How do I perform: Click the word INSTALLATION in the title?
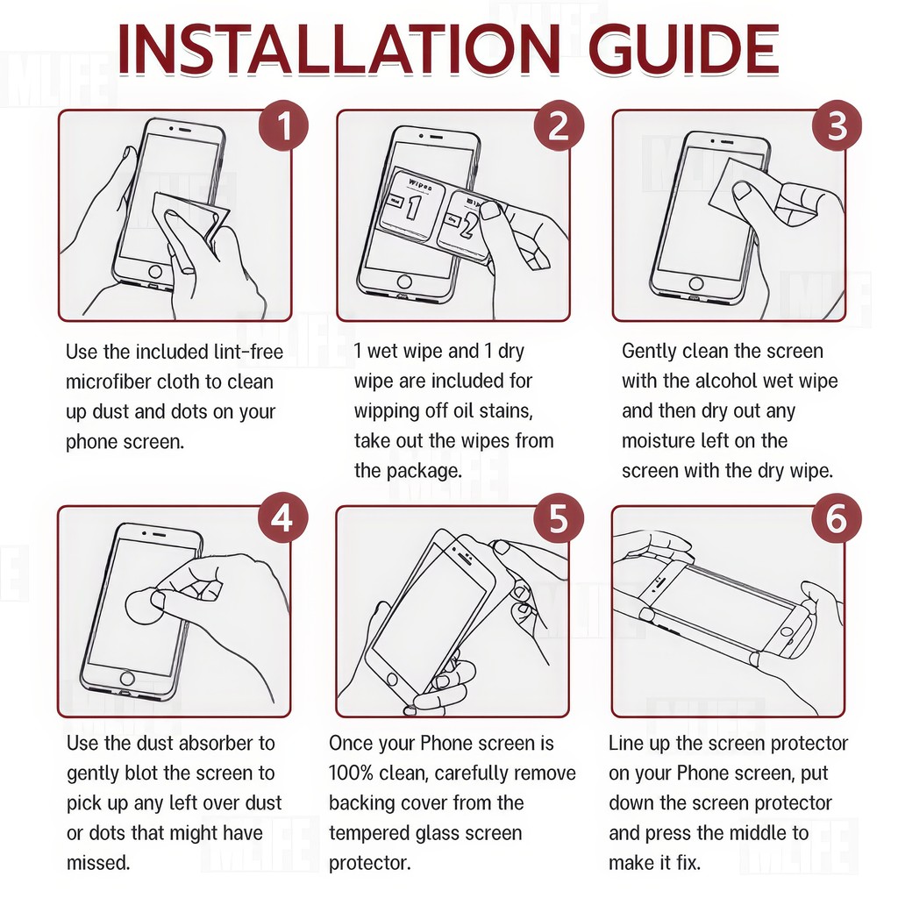339,50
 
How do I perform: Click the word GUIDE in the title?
684,50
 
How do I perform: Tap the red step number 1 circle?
283,125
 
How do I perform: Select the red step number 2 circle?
559,125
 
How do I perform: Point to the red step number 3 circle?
836,125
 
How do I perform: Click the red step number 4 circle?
282,519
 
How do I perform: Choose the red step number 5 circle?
559,519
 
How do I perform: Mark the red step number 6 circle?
836,519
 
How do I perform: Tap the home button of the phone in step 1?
155,271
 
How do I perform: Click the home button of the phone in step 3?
695,283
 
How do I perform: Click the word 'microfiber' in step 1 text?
108,382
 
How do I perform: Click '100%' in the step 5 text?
351,773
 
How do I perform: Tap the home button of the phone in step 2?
403,282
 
